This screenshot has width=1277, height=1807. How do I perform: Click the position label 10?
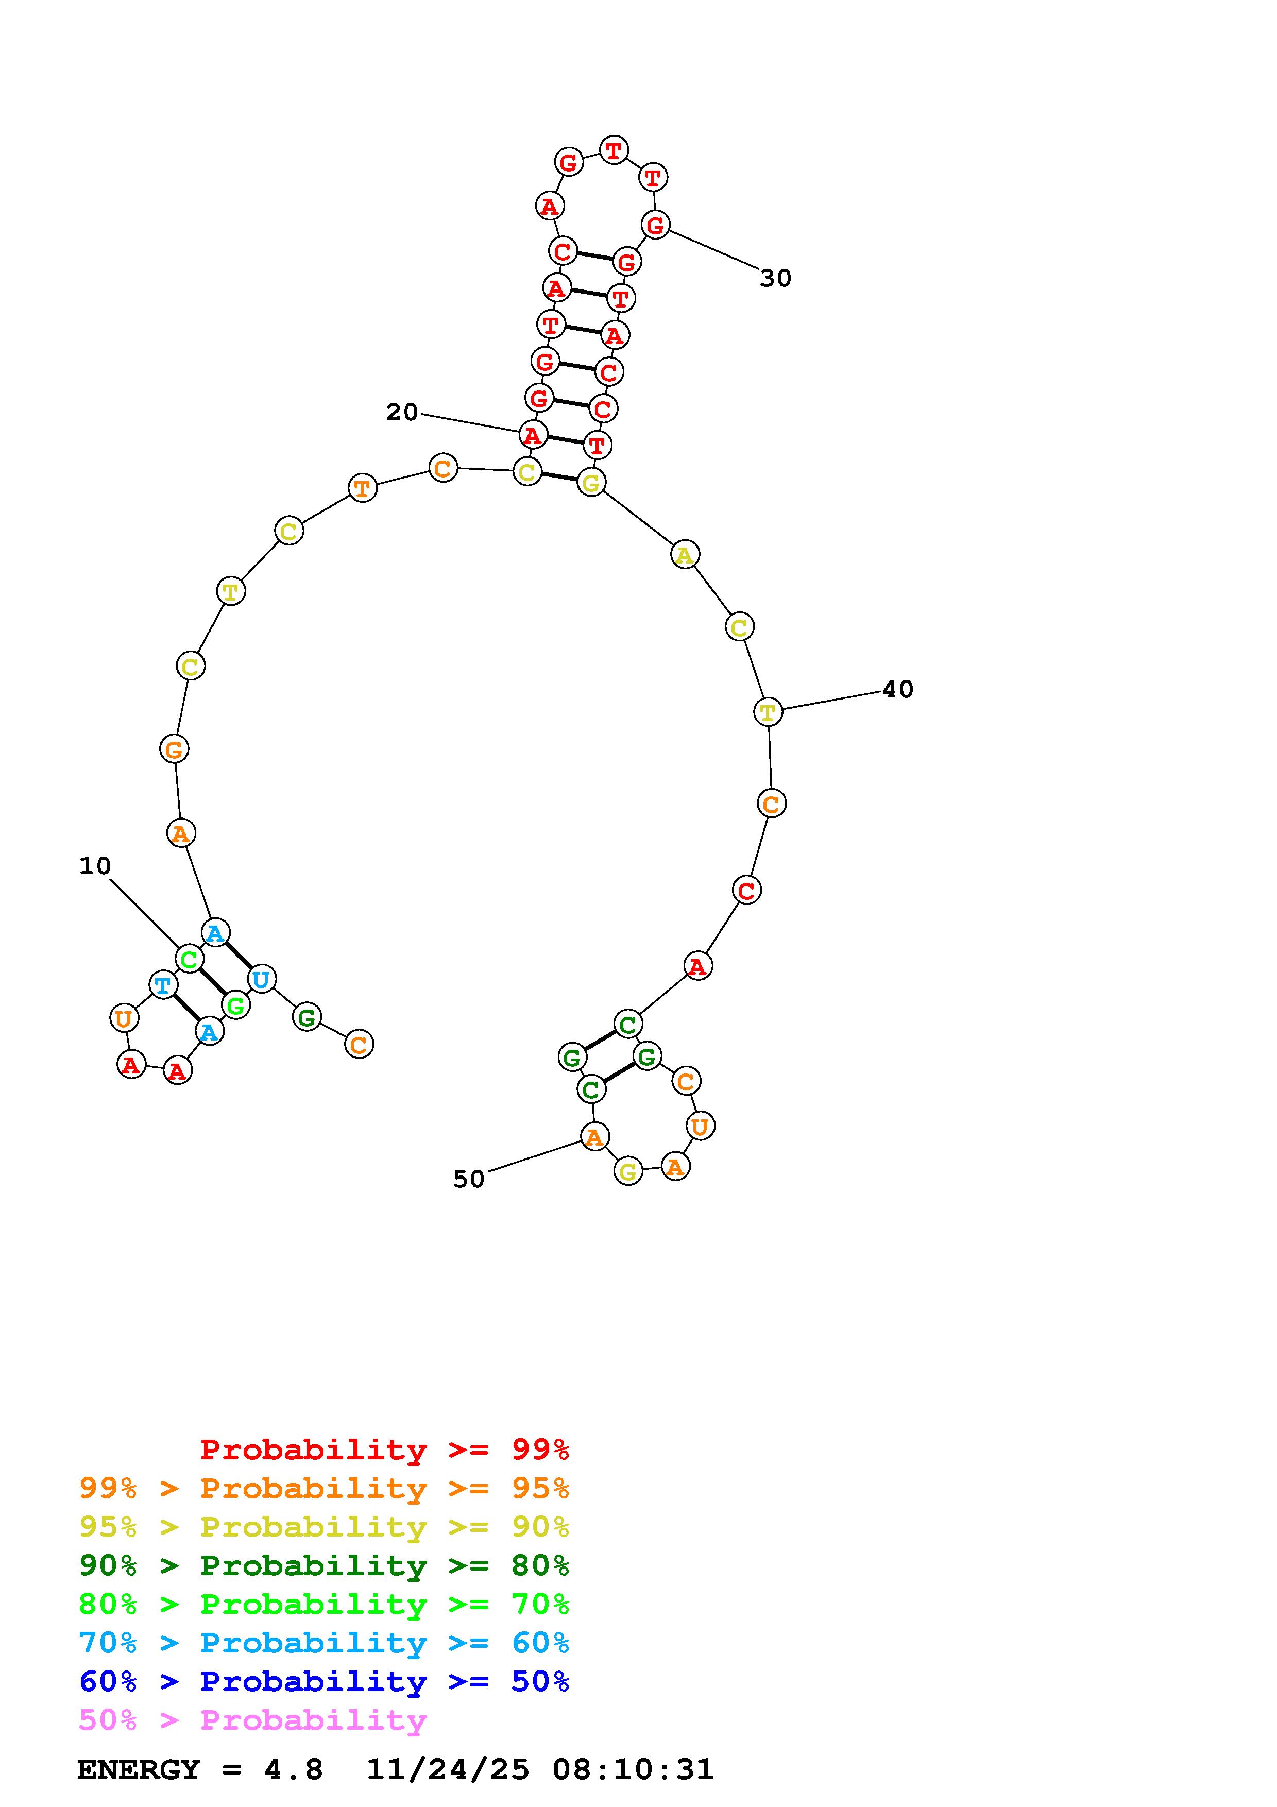[95, 866]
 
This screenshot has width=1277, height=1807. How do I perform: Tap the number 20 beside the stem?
[402, 412]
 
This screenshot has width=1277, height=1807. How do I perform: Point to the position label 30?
[776, 278]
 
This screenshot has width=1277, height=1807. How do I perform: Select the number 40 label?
[898, 689]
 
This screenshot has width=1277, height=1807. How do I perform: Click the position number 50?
[469, 1179]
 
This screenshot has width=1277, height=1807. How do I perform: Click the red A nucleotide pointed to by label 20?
[533, 434]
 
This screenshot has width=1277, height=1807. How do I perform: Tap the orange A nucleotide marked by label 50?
[595, 1136]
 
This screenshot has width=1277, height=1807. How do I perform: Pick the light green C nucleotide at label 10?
[190, 959]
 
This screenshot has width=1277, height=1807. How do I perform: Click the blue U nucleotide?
[261, 980]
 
